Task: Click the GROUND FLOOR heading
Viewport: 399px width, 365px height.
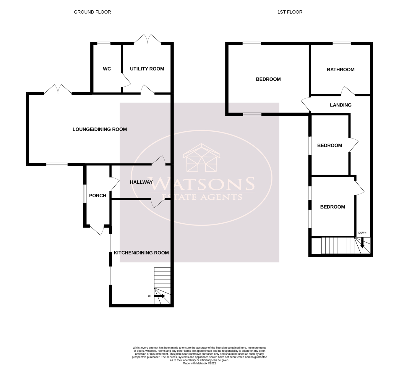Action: tap(92, 12)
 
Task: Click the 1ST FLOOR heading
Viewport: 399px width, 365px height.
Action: tap(290, 12)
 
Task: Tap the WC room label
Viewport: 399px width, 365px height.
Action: tap(107, 69)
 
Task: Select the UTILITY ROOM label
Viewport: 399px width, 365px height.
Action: tap(147, 69)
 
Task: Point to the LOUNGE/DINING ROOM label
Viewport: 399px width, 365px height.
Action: tap(100, 129)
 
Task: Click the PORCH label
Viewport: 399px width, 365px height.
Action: tap(98, 196)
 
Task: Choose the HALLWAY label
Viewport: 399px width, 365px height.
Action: tap(141, 182)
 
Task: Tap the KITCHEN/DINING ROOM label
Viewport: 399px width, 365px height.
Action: tap(141, 253)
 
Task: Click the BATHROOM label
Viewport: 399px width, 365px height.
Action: tap(340, 70)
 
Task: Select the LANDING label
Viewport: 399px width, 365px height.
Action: tap(340, 105)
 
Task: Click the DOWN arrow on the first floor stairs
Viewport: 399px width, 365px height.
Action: tap(362, 245)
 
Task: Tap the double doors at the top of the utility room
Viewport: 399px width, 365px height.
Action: tap(148, 40)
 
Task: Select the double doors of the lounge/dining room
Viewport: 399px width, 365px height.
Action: tap(58, 89)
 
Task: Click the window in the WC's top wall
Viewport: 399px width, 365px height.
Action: tap(104, 44)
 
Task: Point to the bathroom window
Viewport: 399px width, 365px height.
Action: tap(342, 44)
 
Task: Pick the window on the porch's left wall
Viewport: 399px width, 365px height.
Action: tap(85, 194)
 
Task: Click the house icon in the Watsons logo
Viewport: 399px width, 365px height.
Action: tap(201, 158)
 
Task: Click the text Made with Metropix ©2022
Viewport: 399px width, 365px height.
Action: tap(199, 363)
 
